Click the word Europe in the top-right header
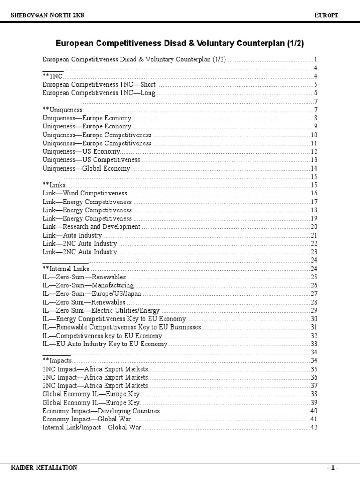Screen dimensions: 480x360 (x=326, y=15)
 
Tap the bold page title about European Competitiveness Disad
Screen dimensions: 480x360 (x=180, y=44)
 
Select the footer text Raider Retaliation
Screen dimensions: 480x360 (x=44, y=467)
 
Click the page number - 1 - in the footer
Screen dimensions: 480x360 (x=332, y=468)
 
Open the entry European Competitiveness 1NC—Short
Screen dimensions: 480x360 (x=99, y=85)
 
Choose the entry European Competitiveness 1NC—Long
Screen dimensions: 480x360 (x=99, y=93)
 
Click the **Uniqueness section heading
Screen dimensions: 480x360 (x=62, y=110)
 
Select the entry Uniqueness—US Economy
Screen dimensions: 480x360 (x=81, y=151)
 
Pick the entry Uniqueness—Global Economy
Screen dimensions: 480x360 (x=86, y=168)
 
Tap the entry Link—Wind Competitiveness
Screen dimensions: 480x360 (x=85, y=193)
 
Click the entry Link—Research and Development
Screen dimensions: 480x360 (x=91, y=226)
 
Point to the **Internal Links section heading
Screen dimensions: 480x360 (x=66, y=269)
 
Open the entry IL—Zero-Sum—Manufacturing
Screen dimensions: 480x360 (x=88, y=285)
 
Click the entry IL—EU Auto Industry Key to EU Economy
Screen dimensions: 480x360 (x=105, y=344)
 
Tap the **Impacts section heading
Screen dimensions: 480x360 (x=57, y=360)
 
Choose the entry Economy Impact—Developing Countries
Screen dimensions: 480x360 (x=101, y=411)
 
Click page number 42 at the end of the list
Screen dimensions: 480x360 (x=314, y=427)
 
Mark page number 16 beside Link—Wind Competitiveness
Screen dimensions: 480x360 (x=314, y=193)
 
